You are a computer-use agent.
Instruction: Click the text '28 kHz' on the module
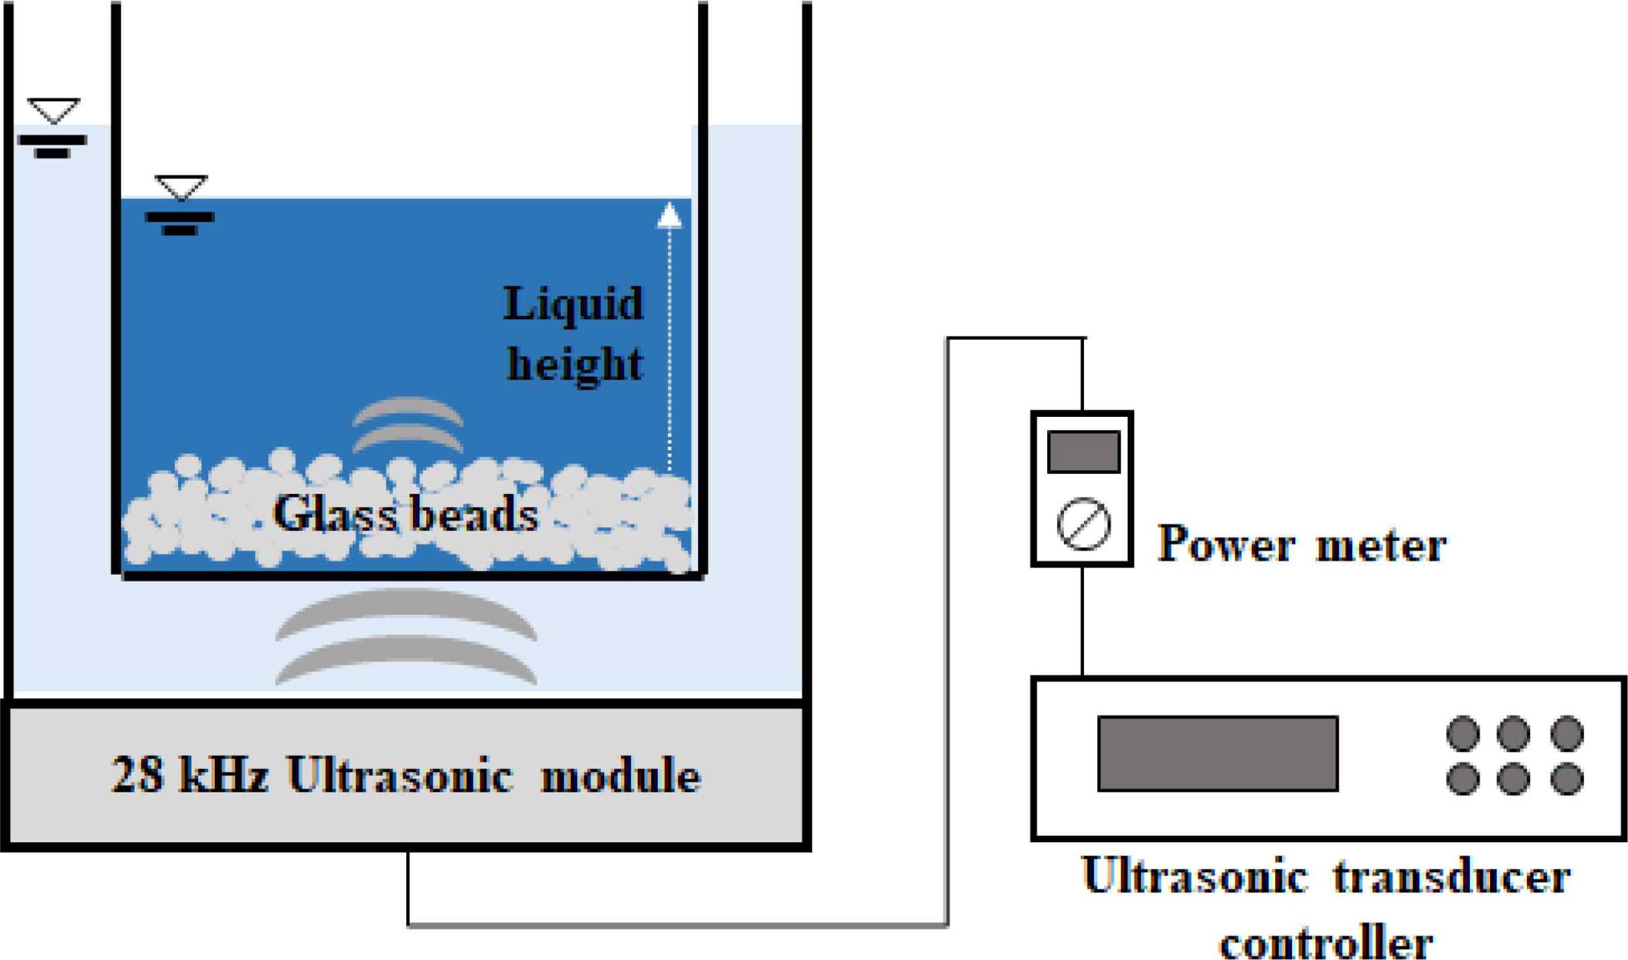pos(189,775)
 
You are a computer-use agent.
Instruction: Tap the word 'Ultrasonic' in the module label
pos(400,775)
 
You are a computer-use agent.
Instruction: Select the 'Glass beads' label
pos(405,514)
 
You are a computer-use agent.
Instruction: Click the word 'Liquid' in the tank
pos(573,304)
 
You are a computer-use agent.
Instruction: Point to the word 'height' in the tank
pos(574,364)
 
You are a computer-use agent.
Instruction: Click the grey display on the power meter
pos(1083,451)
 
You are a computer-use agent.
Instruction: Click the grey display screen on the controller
pos(1217,753)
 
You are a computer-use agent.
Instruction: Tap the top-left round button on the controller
pos(1463,734)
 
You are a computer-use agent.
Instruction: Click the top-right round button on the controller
pos(1567,734)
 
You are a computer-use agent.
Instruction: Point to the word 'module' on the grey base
pos(620,775)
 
